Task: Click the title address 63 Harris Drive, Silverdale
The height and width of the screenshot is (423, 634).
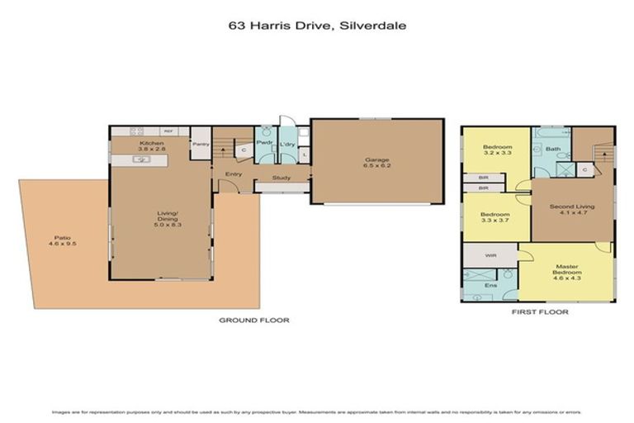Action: (317, 26)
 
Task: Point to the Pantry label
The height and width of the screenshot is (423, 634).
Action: (200, 144)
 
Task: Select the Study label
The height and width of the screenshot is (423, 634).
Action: (281, 177)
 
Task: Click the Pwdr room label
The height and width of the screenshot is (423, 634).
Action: (264, 143)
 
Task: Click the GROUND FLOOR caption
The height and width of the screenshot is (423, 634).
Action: (253, 320)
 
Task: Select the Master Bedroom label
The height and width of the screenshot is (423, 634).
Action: (567, 271)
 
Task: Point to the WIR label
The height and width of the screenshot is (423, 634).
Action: (490, 256)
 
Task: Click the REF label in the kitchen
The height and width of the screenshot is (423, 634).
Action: (168, 131)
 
